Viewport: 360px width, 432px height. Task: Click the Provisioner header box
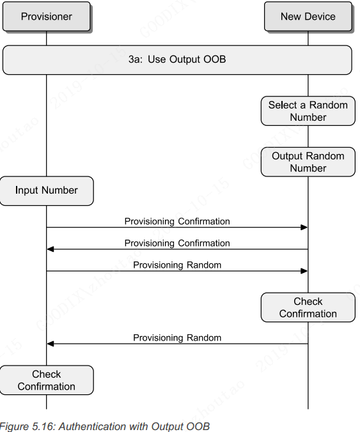[46, 17]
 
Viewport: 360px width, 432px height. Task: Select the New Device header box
[308, 17]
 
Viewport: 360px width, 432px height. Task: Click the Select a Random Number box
[308, 111]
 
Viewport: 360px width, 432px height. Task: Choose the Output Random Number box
[308, 162]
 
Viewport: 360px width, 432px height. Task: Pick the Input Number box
[46, 190]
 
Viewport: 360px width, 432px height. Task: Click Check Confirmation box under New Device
[308, 307]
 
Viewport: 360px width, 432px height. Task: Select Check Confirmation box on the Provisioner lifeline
[46, 380]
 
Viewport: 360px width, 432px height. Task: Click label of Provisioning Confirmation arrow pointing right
[177, 222]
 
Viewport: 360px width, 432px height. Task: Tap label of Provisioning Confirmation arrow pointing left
[177, 243]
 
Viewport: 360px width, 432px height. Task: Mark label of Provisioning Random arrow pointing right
[177, 265]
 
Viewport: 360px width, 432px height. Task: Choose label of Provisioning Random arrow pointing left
[177, 338]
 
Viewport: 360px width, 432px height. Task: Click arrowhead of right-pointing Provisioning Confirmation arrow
[304, 228]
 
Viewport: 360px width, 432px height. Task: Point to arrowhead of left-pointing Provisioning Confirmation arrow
[51, 249]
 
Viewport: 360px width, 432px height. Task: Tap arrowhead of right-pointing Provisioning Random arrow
[304, 271]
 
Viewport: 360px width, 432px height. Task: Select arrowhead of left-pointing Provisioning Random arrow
[51, 344]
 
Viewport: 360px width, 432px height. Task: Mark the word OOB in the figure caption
[198, 426]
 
